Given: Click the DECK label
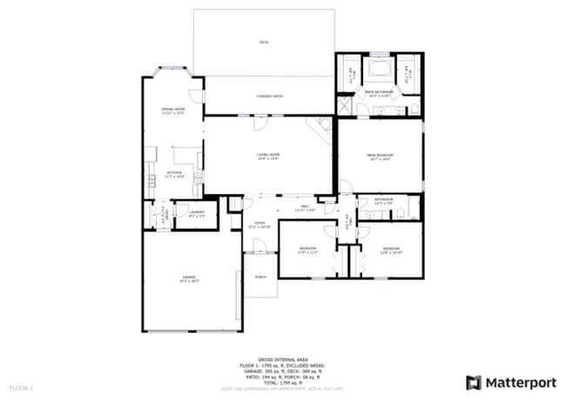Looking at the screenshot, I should pos(264,42).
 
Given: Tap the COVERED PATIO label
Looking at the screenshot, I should pos(270,96).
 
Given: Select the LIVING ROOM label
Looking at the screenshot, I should pos(267,156).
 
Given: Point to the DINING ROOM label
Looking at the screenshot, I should pos(173,110).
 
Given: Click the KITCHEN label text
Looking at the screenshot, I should pos(173,173).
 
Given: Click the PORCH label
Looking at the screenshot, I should pos(260,278).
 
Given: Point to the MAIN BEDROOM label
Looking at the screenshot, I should pos(380,156).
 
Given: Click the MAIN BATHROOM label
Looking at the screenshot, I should pos(379,92).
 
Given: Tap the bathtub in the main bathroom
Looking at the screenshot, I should pos(379,70).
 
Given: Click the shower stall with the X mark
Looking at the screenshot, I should pos(346,107).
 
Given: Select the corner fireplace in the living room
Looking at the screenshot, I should pos(322,129).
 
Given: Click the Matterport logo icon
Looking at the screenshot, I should pos(474,382).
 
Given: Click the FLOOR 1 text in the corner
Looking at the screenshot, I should pos(21,386).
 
